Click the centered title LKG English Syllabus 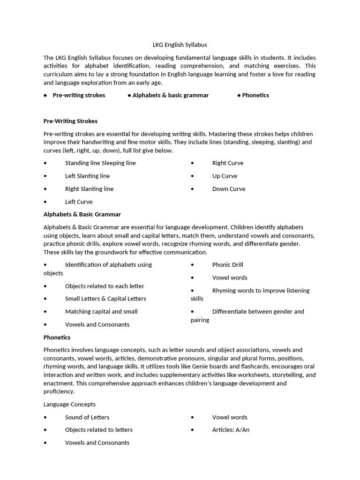pyautogui.click(x=180, y=45)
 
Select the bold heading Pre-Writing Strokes pyautogui.click(x=70, y=121)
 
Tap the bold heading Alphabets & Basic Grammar pyautogui.click(x=82, y=214)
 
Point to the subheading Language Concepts pyautogui.click(x=69, y=404)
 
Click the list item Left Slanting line pyautogui.click(x=87, y=176)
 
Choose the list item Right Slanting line pyautogui.click(x=89, y=189)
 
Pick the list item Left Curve pyautogui.click(x=79, y=202)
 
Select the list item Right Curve pyautogui.click(x=228, y=163)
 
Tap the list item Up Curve pyautogui.click(x=225, y=176)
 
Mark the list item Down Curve pyautogui.click(x=229, y=189)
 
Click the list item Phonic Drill pyautogui.click(x=227, y=264)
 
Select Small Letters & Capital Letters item pyautogui.click(x=105, y=299)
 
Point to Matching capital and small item pyautogui.click(x=101, y=311)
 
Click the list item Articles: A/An pyautogui.click(x=231, y=429)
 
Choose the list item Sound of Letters pyautogui.click(x=87, y=417)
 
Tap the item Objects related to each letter pyautogui.click(x=105, y=286)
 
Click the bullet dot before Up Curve pyautogui.click(x=192, y=176)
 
